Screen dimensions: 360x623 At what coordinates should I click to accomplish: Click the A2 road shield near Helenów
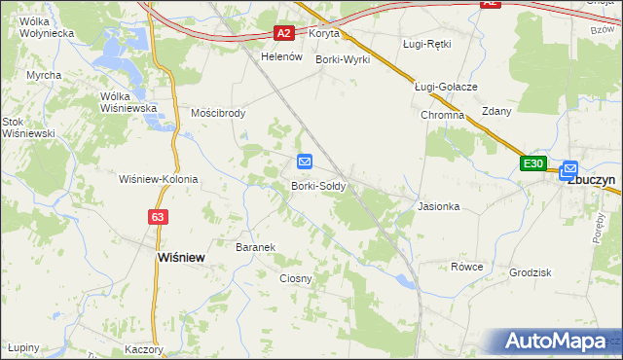[x=283, y=33]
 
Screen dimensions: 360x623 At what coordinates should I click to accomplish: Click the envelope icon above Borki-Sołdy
[x=305, y=162]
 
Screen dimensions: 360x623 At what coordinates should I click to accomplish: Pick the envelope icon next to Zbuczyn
[x=569, y=167]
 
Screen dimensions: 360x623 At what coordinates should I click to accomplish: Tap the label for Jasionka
[x=438, y=207]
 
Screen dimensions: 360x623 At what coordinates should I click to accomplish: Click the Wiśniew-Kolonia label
[x=158, y=179]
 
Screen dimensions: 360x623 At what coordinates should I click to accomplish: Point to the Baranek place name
[x=256, y=247]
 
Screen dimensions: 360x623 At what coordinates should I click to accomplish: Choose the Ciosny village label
[x=296, y=278]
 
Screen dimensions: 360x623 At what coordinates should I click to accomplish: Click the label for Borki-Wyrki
[x=344, y=59]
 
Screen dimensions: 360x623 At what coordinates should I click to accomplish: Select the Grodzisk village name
[x=531, y=272]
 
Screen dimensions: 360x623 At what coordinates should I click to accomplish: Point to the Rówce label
[x=466, y=267]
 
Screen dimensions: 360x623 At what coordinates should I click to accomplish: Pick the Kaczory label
[x=143, y=348]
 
